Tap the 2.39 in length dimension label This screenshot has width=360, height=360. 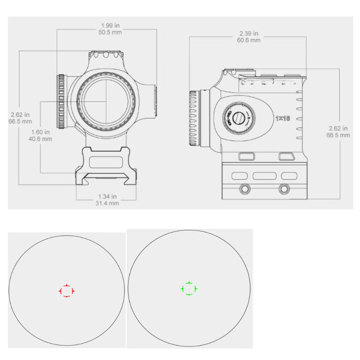pyautogui.click(x=249, y=33)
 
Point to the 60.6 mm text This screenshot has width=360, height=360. pyautogui.click(x=249, y=40)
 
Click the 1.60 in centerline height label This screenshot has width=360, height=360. pyautogui.click(x=40, y=132)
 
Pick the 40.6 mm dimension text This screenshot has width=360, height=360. pyautogui.click(x=40, y=138)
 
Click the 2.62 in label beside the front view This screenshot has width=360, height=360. pyautogui.click(x=20, y=115)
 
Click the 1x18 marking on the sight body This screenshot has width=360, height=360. pyautogui.click(x=282, y=118)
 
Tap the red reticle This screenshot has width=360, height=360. pyautogui.click(x=66, y=291)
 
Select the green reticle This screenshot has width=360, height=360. pyautogui.click(x=189, y=288)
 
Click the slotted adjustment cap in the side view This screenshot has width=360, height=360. pyautogui.click(x=239, y=118)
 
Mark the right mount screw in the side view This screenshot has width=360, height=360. pyautogui.click(x=284, y=188)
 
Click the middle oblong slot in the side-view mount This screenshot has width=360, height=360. pyautogui.click(x=264, y=176)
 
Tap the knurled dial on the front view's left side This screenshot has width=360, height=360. pyautogui.click(x=62, y=102)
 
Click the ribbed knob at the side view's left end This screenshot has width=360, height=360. pyautogui.click(x=195, y=118)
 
